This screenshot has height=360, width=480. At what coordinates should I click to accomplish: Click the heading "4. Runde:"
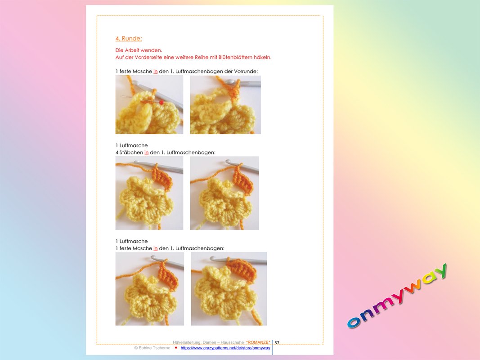pos(129,39)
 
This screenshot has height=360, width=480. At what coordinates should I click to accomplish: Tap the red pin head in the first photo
pos(161,103)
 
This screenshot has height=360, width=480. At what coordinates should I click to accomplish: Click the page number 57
pos(277,342)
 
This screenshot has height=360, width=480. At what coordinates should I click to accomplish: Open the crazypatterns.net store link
pos(225,348)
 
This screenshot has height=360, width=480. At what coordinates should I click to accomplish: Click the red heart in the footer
pos(176,348)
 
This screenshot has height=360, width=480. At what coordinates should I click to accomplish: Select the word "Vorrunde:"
pos(246,72)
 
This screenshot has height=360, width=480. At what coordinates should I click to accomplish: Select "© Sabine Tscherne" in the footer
pos(152,348)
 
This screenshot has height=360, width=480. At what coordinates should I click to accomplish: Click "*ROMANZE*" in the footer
pos(258,342)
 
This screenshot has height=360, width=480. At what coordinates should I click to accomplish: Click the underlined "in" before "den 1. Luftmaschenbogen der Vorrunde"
pos(156,72)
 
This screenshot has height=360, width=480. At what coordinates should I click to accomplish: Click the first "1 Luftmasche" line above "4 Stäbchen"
pos(132,145)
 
